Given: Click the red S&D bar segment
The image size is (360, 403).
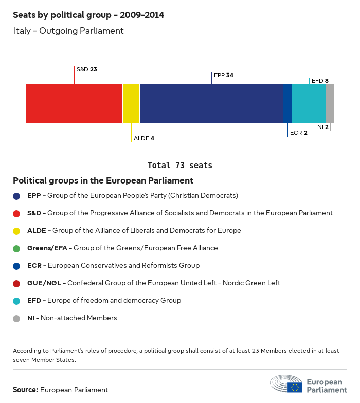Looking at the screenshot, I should coord(74,104).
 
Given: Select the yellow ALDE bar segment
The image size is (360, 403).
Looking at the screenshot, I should coord(131,104).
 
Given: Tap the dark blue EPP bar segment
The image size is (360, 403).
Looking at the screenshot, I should coord(211,104).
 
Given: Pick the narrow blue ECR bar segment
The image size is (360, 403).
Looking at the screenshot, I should coord(287,104).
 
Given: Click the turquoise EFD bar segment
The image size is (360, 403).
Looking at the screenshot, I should coord(309,104).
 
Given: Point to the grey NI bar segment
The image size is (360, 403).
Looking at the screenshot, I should coord(330,104).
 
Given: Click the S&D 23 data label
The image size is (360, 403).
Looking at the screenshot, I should coord(87,69).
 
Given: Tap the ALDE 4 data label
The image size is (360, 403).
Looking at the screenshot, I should coord(144,138).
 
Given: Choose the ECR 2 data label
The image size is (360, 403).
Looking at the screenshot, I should coord(299,133).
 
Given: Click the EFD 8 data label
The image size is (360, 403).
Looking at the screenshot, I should coord(320,81).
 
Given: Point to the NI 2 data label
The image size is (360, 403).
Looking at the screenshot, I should coord(322,126).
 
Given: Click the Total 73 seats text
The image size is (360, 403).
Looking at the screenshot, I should coord(179,166).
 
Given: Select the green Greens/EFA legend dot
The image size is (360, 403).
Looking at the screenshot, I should coord(16,248).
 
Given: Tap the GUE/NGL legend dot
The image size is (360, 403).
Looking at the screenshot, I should coord(16,283).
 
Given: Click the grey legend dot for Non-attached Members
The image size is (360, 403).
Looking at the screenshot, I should coord(16,318).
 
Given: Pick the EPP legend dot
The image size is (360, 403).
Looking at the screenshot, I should coord(16,196).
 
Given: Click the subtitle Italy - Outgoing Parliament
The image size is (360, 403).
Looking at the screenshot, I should coord(69,31).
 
